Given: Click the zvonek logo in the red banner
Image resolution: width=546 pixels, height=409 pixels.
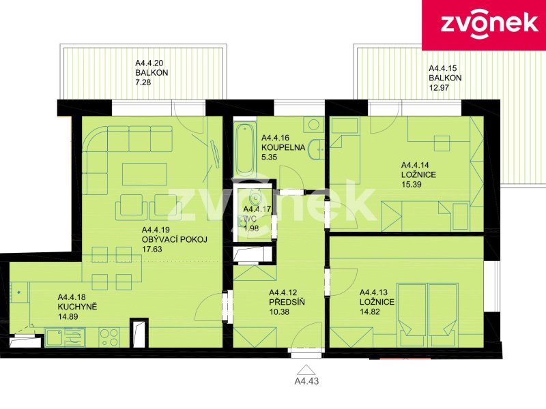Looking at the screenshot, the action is click(x=489, y=25).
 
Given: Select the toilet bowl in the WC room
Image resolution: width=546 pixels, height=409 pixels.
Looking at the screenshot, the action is click(x=255, y=197).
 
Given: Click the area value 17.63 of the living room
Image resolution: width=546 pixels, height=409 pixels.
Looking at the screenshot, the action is click(x=152, y=249).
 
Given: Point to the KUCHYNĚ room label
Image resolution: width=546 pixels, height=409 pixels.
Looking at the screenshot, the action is click(x=77, y=307).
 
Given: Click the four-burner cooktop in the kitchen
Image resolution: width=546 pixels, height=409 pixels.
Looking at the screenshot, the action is click(x=109, y=337).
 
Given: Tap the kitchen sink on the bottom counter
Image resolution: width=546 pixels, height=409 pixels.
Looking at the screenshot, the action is click(x=65, y=337).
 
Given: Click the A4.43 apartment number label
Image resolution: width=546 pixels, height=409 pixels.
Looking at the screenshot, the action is click(x=306, y=381).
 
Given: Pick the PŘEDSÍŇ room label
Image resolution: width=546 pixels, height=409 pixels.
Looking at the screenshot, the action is click(x=287, y=302).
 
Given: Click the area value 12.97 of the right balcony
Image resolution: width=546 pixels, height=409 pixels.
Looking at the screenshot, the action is click(x=439, y=88).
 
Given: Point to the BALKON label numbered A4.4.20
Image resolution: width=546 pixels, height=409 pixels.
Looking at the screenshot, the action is click(x=152, y=73).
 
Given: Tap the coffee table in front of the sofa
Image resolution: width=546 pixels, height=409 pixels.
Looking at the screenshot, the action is click(x=143, y=174).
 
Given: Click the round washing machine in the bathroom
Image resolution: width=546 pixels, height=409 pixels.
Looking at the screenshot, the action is click(x=314, y=125).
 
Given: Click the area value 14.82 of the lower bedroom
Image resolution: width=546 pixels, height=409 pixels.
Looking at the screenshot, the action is click(x=370, y=312).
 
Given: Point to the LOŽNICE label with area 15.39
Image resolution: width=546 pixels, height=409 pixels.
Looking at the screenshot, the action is click(x=418, y=175).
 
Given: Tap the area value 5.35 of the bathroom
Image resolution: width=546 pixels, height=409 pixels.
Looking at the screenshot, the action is click(x=269, y=157).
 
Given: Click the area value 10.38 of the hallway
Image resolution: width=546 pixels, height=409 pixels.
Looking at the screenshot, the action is click(x=279, y=312).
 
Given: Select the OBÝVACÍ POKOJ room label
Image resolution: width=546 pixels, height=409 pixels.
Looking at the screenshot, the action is click(x=175, y=239).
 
